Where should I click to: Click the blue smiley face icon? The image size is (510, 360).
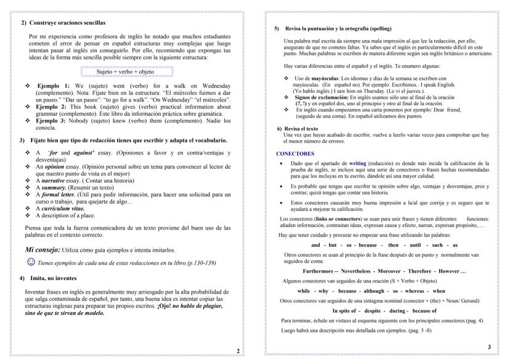(x=31, y=262)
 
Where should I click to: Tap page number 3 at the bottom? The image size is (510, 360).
(x=488, y=347)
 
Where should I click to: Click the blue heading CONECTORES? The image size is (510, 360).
(x=295, y=153)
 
